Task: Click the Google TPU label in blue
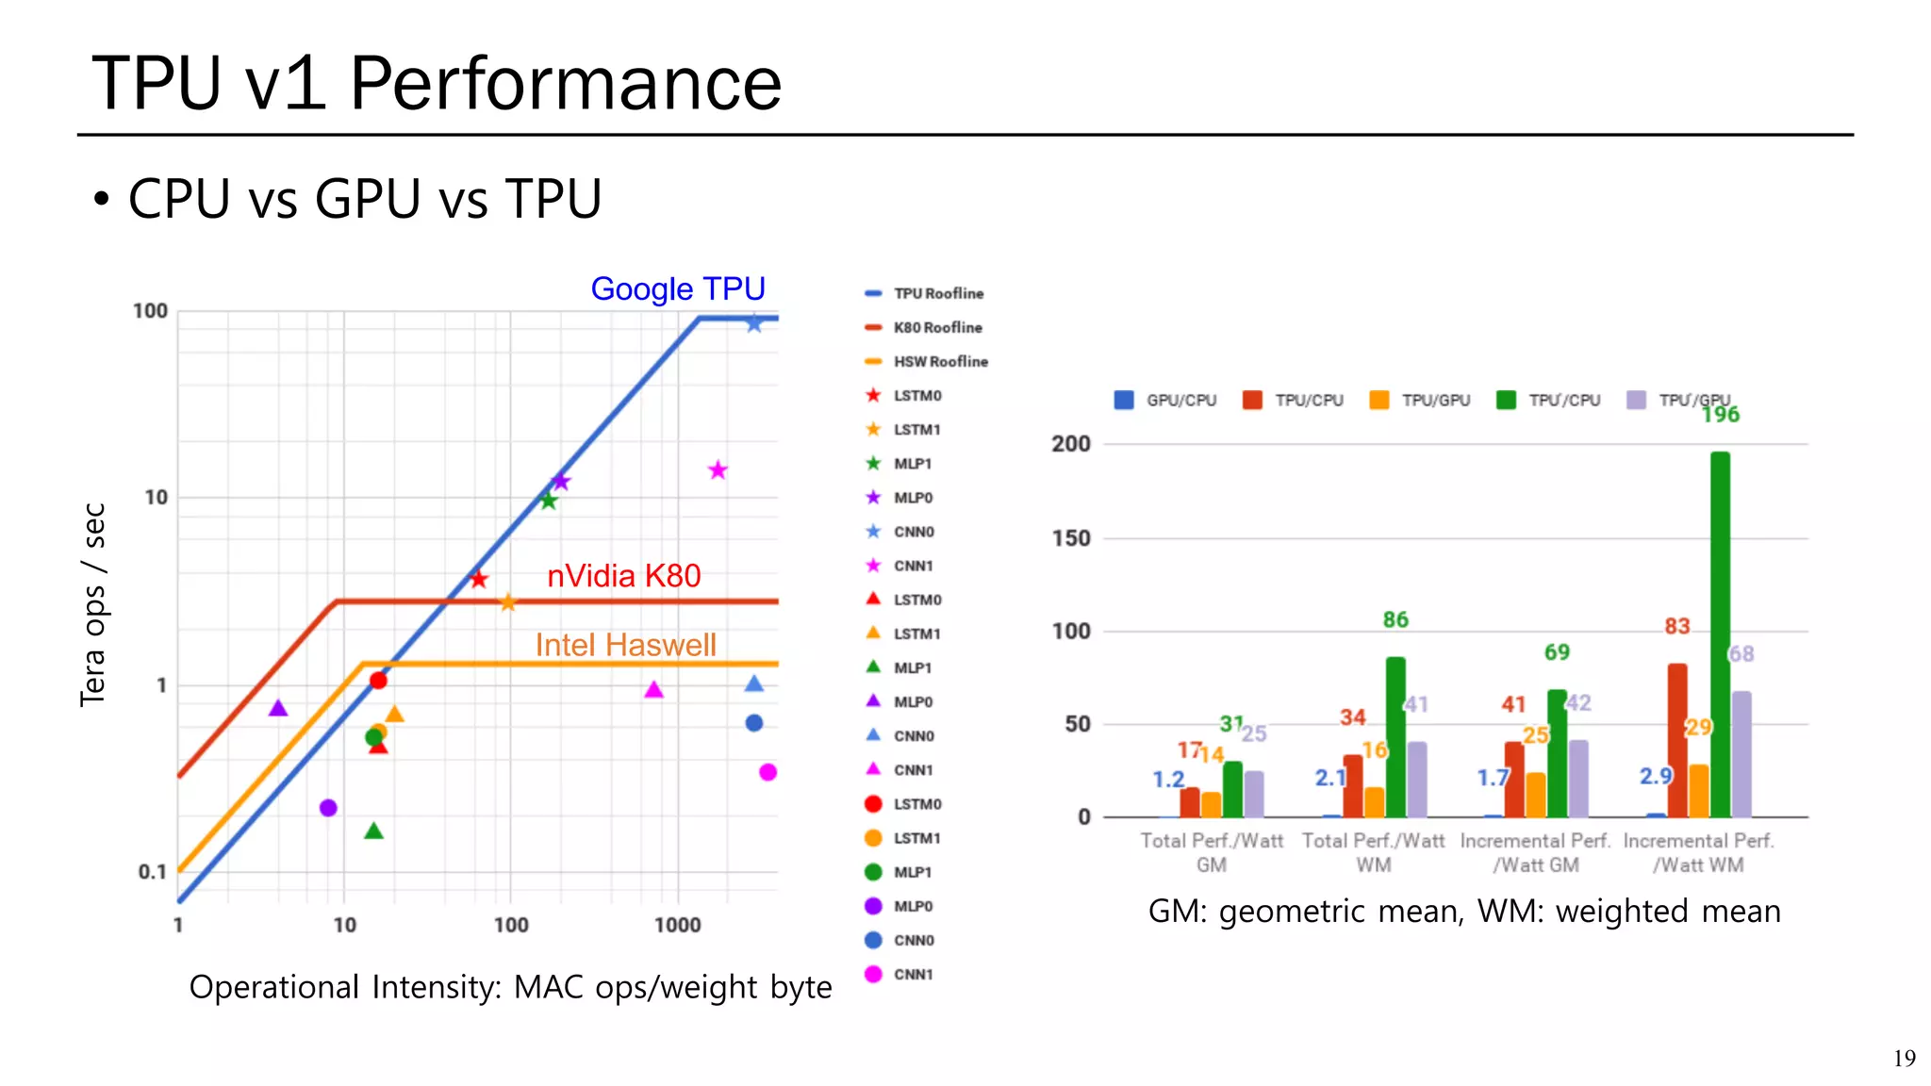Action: click(677, 288)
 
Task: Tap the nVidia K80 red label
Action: click(623, 575)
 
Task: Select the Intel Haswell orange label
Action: click(625, 645)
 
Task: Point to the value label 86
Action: click(1395, 619)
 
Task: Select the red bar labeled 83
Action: click(1677, 740)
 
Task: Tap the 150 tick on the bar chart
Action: click(1071, 538)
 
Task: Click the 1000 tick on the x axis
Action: click(677, 925)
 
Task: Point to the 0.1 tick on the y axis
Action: click(152, 872)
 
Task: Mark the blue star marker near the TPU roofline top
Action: click(754, 324)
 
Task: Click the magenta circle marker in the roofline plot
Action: click(767, 772)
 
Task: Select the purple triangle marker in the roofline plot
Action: click(278, 708)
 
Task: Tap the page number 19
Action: click(1904, 1059)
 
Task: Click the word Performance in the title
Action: click(566, 83)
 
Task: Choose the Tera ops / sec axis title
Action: click(92, 604)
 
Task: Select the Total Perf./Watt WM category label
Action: click(1373, 852)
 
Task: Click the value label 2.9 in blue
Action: click(1655, 776)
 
